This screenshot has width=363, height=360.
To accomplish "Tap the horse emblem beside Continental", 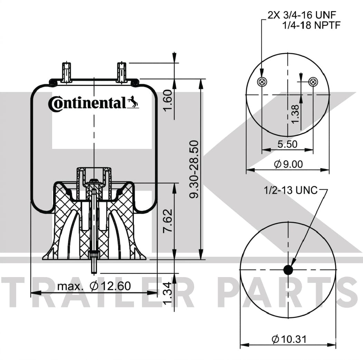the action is point(133,102).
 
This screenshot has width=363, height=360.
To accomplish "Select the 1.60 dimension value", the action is point(168,100).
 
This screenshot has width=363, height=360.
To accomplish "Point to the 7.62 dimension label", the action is point(168,221).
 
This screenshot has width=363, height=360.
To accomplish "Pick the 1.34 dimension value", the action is point(168,293).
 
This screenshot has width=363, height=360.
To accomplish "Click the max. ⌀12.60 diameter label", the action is point(94,286).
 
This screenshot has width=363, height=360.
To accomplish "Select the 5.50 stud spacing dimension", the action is point(287,144).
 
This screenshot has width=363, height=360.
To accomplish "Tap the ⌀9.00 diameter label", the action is point(288,164).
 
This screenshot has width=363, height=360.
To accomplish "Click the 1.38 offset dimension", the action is point(295,114).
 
